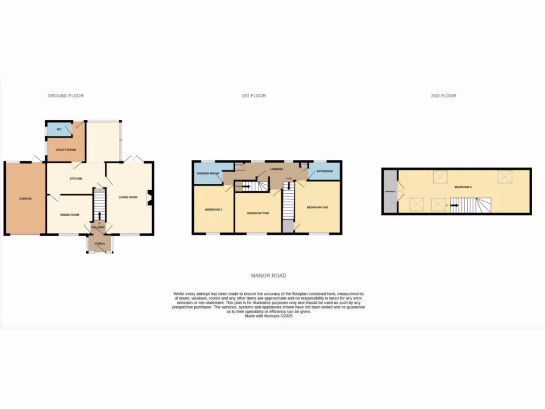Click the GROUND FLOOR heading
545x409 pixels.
[x=65, y=96]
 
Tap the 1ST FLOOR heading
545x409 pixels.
[x=253, y=96]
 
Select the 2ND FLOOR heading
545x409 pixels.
[x=443, y=96]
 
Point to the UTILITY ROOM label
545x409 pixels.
[x=66, y=150]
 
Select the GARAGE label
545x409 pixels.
[x=26, y=199]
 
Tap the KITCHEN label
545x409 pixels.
[x=76, y=178]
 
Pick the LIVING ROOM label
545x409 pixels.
[x=128, y=197]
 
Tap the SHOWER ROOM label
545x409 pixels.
[x=208, y=174]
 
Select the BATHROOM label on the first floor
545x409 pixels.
[x=325, y=171]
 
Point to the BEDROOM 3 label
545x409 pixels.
[x=213, y=210]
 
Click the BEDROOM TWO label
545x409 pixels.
[x=258, y=214]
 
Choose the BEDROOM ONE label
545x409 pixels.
[x=317, y=207]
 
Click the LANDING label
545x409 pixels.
[x=276, y=169]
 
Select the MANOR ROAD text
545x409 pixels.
[x=269, y=276]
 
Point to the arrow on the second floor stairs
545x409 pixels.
[x=453, y=204]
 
